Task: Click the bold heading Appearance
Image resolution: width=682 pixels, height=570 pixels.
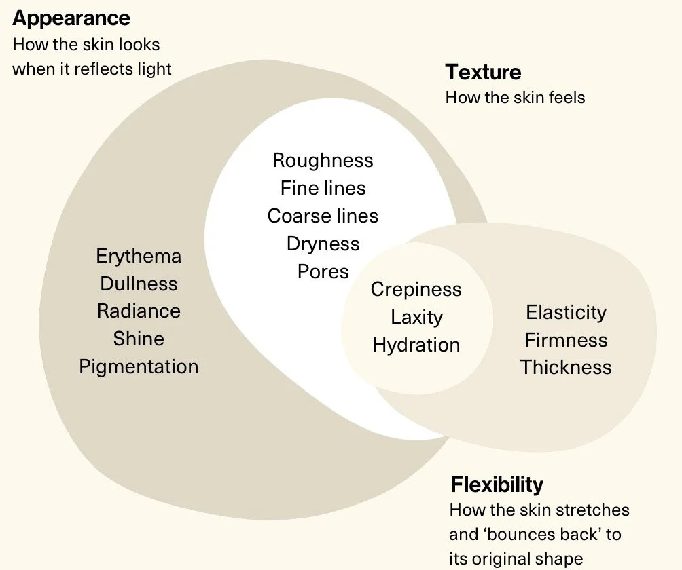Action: [x=71, y=18]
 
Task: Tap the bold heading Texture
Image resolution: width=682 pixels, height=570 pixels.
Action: [x=483, y=72]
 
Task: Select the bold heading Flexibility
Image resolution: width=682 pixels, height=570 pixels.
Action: [x=497, y=484]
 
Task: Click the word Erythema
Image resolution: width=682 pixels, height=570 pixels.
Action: [x=139, y=256]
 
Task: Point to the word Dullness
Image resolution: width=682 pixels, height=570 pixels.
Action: [x=139, y=284]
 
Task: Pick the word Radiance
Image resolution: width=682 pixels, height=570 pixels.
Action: [x=139, y=311]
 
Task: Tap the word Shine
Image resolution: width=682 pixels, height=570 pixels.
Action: [x=139, y=339]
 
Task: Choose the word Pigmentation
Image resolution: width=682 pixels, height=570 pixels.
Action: [x=139, y=366]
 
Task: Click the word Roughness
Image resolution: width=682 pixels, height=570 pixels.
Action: [x=323, y=160]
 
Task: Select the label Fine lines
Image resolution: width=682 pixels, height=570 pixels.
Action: [x=323, y=188]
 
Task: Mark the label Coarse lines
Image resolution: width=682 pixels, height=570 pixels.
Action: [x=323, y=216]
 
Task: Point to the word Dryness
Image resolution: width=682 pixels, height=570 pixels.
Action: [x=323, y=244]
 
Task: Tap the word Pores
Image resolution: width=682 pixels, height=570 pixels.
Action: [x=323, y=271]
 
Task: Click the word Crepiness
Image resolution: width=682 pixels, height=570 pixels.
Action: [x=416, y=290]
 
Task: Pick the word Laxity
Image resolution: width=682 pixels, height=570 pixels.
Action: [x=416, y=317]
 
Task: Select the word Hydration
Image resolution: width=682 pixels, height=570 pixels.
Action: [x=416, y=345]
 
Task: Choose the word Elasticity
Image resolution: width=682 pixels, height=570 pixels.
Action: [x=566, y=312]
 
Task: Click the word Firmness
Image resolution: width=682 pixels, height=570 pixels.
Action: [x=566, y=340]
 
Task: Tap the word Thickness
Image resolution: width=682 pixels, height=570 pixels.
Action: [x=566, y=367]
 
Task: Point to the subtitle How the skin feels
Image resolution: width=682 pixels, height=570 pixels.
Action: [x=515, y=97]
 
